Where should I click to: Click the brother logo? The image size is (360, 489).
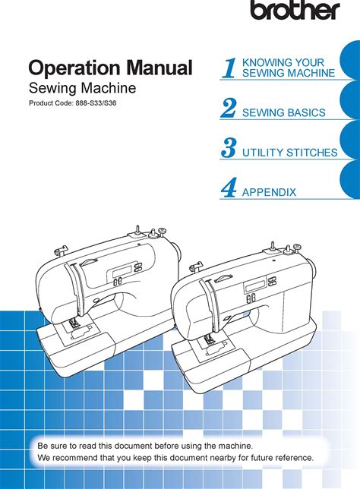pyautogui.click(x=295, y=10)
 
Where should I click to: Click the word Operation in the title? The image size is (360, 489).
pyautogui.click(x=74, y=68)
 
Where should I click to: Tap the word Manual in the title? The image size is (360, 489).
pyautogui.click(x=159, y=67)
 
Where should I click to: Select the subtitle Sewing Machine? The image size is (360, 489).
pyautogui.click(x=82, y=88)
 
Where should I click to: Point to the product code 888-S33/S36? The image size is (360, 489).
pyautogui.click(x=96, y=103)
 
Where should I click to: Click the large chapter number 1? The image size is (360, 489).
pyautogui.click(x=229, y=68)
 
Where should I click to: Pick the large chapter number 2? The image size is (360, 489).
pyautogui.click(x=229, y=108)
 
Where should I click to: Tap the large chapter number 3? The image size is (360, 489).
pyautogui.click(x=229, y=148)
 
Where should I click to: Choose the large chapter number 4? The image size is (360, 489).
pyautogui.click(x=229, y=188)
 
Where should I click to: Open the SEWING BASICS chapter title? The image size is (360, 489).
pyautogui.click(x=283, y=112)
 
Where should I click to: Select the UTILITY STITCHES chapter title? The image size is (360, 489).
pyautogui.click(x=290, y=153)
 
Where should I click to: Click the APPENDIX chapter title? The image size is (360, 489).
pyautogui.click(x=269, y=192)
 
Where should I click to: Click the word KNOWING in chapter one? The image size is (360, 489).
pyautogui.click(x=263, y=62)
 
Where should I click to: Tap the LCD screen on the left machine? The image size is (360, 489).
pyautogui.click(x=118, y=273)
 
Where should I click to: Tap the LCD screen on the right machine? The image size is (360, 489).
pyautogui.click(x=255, y=286)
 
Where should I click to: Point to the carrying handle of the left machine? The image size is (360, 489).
pyautogui.click(x=88, y=261)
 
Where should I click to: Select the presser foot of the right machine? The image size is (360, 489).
pyautogui.click(x=208, y=340)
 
